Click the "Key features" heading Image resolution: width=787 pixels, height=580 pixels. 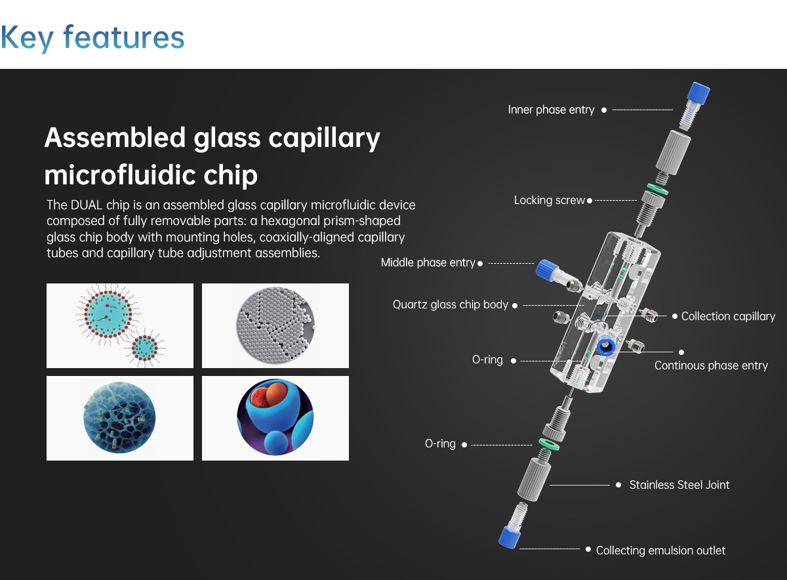pos(92,38)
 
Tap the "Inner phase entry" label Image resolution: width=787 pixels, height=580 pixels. pos(551,110)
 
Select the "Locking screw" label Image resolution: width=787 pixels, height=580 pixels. pos(549,200)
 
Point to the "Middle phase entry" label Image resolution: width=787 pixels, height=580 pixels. pos(428,262)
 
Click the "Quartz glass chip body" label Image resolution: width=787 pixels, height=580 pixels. pos(451,305)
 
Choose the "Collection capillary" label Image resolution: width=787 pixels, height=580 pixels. pos(728,316)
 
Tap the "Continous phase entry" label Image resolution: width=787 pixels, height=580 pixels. pos(711,365)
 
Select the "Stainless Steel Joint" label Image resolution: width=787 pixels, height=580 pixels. pos(679,485)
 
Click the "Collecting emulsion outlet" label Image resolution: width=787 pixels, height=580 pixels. pos(660,550)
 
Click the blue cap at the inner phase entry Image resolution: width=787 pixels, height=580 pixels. pos(698,93)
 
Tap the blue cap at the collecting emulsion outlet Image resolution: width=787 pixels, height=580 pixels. pos(509,537)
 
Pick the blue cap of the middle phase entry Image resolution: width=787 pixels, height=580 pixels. pos(547,270)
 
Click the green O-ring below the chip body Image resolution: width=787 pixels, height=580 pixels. pos(549,444)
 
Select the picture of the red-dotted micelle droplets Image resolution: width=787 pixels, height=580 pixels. pos(120,326)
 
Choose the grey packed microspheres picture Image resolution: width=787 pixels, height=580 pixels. pos(275,326)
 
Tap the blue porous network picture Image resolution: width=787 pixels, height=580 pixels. pos(120,419)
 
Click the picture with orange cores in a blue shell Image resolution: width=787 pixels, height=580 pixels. pos(275,419)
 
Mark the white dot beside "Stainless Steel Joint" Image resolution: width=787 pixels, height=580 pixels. pos(618,485)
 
